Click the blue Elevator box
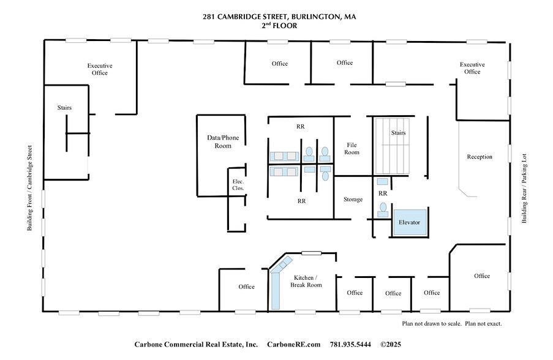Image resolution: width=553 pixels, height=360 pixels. click(409, 222)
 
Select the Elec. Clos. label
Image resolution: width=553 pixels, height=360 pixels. click(238, 185)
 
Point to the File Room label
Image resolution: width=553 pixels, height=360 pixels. click(352, 148)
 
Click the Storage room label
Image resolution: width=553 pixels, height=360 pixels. click(353, 200)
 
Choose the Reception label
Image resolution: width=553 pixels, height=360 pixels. click(479, 157)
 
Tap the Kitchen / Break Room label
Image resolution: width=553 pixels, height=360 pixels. click(306, 281)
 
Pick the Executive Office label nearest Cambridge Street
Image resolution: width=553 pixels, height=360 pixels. click(100, 69)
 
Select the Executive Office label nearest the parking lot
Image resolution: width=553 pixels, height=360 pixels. click(472, 68)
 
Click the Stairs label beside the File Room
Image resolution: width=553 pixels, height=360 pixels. click(398, 133)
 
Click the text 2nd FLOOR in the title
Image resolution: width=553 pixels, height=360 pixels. click(279, 26)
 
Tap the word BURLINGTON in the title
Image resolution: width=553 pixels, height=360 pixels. click(311, 17)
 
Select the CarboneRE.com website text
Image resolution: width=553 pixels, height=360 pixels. click(293, 345)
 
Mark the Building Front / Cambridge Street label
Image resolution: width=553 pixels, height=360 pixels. click(29, 188)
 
